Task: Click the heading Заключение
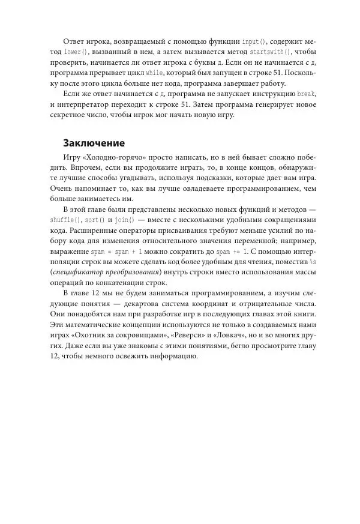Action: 94,143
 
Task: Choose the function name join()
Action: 125,220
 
